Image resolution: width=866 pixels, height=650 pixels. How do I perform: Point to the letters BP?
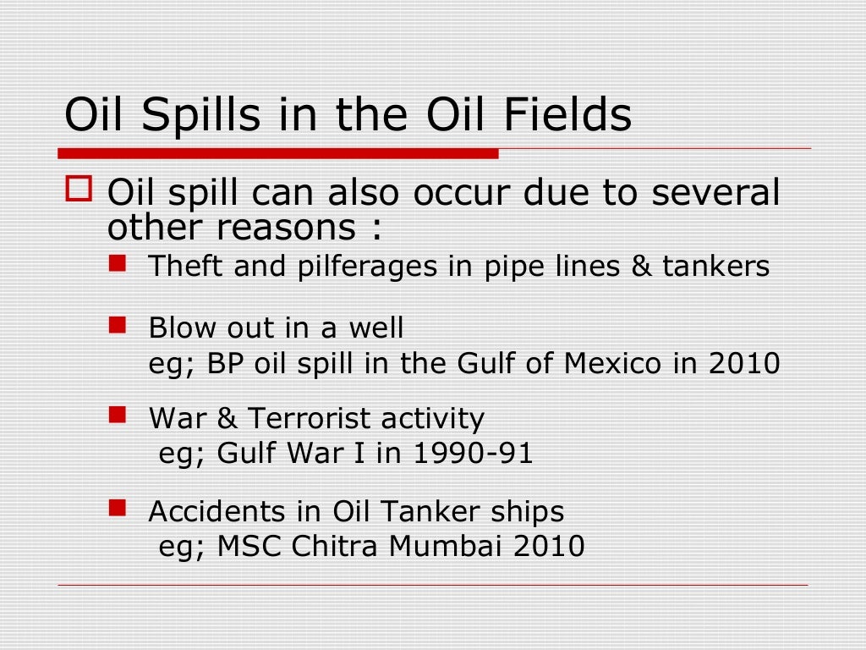[x=223, y=364]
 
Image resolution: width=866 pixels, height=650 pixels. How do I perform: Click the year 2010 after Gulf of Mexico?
[x=744, y=364]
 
